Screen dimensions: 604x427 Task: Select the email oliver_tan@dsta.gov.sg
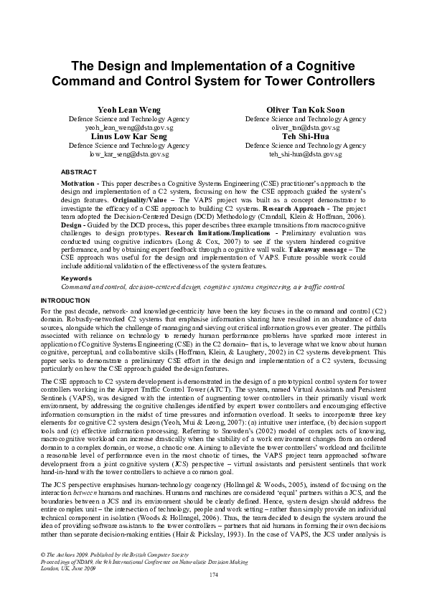click(x=305, y=126)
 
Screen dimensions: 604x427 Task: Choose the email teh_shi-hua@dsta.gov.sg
click(x=305, y=154)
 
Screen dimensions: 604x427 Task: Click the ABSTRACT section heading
click(x=78, y=173)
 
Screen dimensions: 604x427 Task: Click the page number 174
click(x=213, y=595)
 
